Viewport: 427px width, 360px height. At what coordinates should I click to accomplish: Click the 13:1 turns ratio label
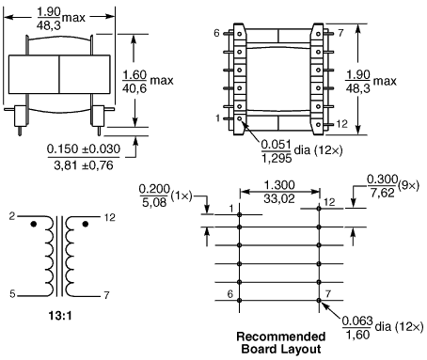(x=60, y=315)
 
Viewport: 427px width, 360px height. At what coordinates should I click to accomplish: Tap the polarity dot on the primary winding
(x=34, y=224)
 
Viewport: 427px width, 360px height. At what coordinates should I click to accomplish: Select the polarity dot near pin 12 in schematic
(x=85, y=224)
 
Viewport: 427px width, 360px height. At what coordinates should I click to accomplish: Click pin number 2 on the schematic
(x=12, y=216)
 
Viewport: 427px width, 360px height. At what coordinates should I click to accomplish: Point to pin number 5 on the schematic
(x=12, y=294)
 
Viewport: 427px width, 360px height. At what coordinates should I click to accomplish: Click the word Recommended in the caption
(x=281, y=337)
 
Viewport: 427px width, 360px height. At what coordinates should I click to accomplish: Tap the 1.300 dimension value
(x=279, y=185)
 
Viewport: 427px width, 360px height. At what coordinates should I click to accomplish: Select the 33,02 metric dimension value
(x=279, y=198)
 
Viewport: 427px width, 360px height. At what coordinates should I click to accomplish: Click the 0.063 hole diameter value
(x=357, y=321)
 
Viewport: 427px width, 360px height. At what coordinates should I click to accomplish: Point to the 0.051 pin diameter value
(x=276, y=145)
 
